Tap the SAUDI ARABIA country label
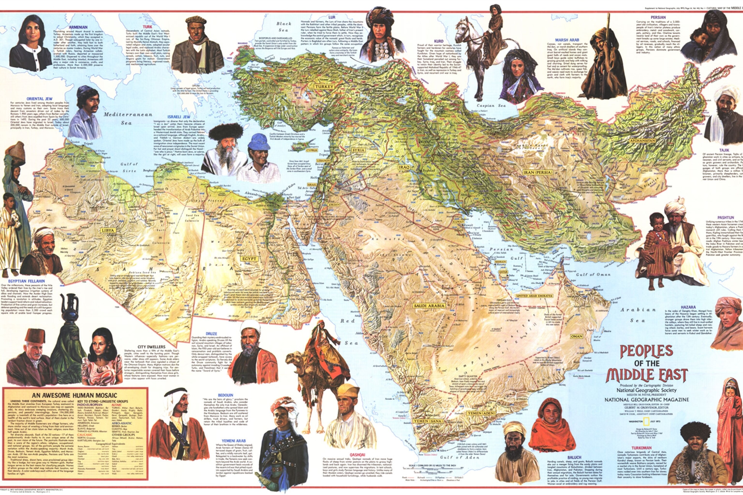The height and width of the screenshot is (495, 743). click(430, 306)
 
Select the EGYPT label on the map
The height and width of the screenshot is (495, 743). click(249, 259)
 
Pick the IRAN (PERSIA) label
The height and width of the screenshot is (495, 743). click(537, 172)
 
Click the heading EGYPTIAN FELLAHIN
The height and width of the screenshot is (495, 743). click(27, 281)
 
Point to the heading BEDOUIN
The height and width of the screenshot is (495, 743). click(225, 395)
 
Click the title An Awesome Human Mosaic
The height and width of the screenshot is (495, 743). click(74, 395)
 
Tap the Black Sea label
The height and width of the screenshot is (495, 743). click(283, 27)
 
